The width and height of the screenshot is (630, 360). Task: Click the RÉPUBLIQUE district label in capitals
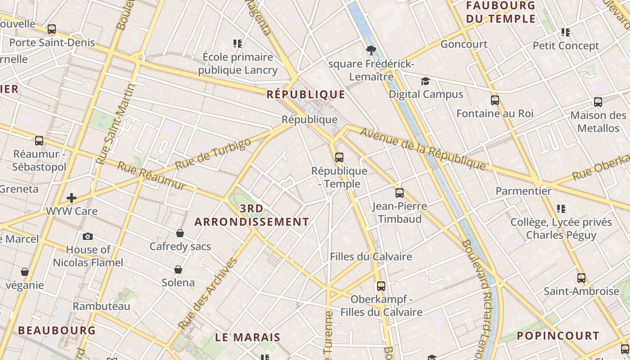coord(306,94)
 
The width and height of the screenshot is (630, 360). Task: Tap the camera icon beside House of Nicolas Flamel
coord(88,236)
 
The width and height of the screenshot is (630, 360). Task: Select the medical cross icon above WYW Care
coord(71,198)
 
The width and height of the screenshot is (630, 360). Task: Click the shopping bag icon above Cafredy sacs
coord(180,233)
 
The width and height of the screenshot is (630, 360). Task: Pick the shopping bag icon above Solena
coord(178,270)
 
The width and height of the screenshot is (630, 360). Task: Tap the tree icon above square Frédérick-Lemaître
coord(371,50)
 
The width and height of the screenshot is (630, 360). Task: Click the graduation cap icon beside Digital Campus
coord(425,81)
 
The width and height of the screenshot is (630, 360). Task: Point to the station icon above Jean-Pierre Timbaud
coord(399,193)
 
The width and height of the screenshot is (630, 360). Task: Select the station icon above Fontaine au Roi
coord(495,100)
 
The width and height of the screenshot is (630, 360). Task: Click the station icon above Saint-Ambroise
coord(581,278)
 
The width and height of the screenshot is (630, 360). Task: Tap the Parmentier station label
coord(523,191)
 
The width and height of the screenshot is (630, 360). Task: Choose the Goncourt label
coord(464,44)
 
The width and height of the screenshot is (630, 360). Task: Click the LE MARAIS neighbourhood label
coord(247,337)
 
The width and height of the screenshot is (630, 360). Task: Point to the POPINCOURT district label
coord(558,336)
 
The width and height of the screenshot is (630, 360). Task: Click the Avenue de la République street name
coord(423,150)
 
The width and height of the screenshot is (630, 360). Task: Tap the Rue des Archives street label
coord(207,294)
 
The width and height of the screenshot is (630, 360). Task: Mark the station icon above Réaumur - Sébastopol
coord(39,141)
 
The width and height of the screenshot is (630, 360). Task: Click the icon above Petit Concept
coord(566,32)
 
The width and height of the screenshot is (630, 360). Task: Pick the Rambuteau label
coord(101,306)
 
